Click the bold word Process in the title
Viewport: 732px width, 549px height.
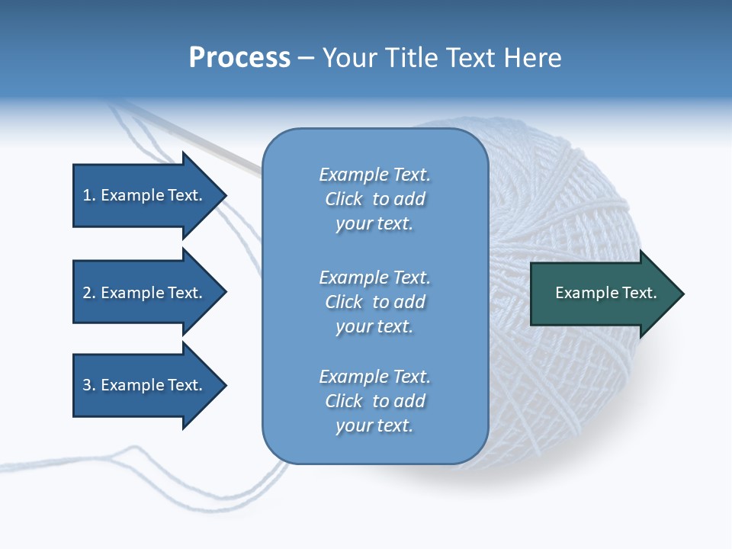click(x=239, y=58)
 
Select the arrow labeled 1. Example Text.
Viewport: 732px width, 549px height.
click(x=145, y=195)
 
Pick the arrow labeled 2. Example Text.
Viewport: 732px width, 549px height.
click(x=145, y=293)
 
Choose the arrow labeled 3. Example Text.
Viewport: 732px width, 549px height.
click(x=145, y=385)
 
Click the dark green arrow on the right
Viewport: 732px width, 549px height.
click(x=602, y=294)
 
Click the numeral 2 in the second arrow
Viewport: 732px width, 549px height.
click(x=86, y=293)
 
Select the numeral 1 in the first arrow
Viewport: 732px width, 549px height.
click(x=86, y=195)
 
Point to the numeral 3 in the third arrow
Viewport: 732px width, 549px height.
click(x=86, y=385)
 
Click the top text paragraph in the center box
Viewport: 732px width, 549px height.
click(x=374, y=199)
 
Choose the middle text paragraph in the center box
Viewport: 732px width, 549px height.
click(x=374, y=302)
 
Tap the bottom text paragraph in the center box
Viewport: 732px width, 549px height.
click(x=374, y=401)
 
